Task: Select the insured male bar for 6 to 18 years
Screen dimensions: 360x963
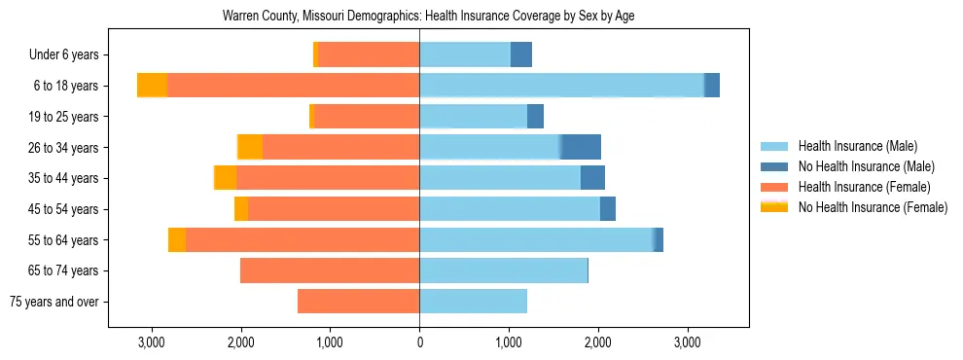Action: (561, 86)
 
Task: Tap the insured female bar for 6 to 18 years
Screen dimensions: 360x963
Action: (293, 86)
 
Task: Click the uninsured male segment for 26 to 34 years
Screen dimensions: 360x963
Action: (581, 147)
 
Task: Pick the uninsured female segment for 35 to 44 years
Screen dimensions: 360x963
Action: (226, 178)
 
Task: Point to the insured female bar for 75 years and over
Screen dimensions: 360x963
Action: (358, 302)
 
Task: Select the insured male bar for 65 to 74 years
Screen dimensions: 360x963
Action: (503, 270)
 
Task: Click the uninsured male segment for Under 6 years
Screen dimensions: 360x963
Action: (521, 54)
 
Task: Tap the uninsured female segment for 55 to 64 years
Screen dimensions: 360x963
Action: (177, 239)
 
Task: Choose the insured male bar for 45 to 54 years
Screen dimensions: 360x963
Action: (510, 209)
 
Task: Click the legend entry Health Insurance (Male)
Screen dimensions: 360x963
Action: (857, 146)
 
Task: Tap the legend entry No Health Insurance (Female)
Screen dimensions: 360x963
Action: (872, 207)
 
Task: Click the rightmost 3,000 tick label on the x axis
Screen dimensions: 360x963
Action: (687, 342)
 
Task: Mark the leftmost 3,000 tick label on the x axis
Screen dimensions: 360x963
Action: (151, 342)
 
